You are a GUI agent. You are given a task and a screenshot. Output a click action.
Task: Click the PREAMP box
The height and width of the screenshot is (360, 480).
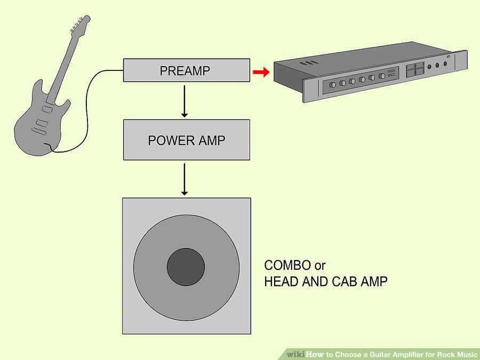click(x=187, y=70)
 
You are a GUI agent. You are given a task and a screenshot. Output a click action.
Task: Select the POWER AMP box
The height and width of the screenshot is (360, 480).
click(x=187, y=140)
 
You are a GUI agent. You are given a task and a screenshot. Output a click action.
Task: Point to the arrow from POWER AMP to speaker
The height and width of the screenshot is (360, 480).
click(x=185, y=180)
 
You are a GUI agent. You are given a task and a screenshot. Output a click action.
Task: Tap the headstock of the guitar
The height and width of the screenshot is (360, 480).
click(x=80, y=24)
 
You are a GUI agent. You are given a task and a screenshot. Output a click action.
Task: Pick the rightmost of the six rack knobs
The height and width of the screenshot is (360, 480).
click(x=381, y=76)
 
